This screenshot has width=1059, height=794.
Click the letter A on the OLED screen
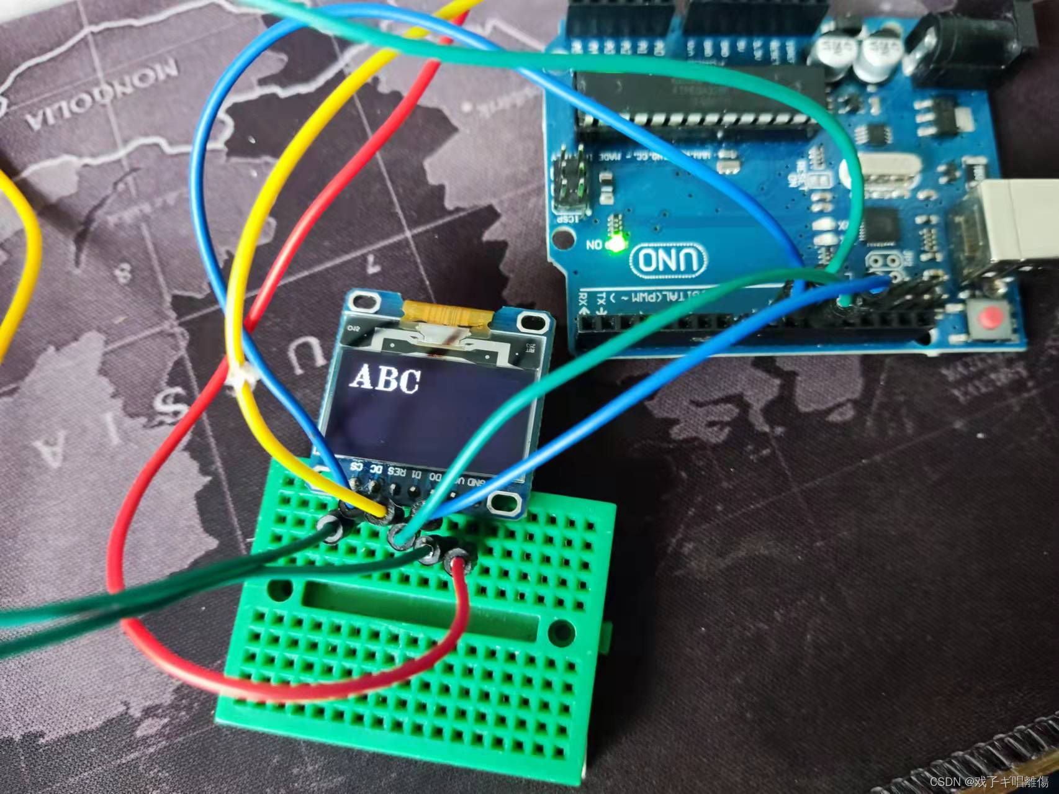point(364,377)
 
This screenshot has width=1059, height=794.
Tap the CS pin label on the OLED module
point(357,466)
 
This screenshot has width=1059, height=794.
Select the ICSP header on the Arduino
point(569,184)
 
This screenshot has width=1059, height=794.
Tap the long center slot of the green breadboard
point(422,611)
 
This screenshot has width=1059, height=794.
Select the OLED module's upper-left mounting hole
point(365,302)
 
